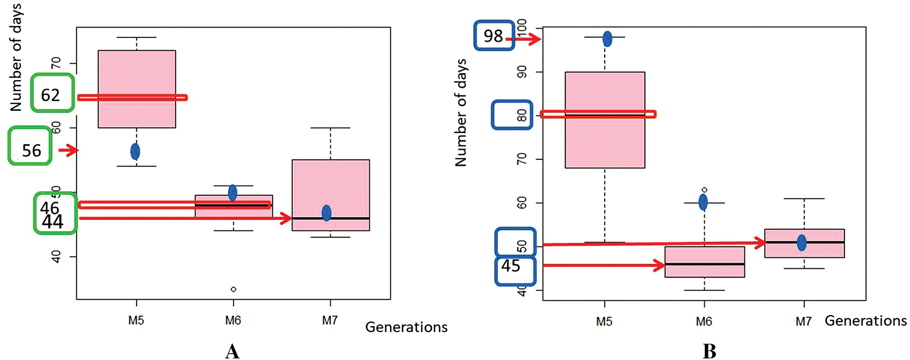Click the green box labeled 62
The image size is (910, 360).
[x=52, y=93]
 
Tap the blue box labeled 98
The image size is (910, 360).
[x=494, y=35]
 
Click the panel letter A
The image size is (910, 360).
[x=232, y=351]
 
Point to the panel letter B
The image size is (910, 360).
[x=709, y=351]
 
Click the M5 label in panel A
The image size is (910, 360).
[x=136, y=320]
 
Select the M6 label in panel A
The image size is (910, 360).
[x=233, y=320]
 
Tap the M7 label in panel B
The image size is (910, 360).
[x=803, y=321]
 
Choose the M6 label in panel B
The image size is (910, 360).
[x=704, y=321]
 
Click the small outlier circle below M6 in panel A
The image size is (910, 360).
[x=233, y=289]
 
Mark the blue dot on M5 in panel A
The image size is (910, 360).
[x=135, y=152]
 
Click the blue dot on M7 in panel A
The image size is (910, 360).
[x=326, y=213]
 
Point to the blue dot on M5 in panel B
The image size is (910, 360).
[x=607, y=39]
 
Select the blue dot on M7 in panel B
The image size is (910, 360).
[x=802, y=242]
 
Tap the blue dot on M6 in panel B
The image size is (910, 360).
[x=703, y=202]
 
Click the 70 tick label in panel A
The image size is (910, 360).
[x=56, y=63]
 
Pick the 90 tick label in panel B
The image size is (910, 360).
[x=521, y=72]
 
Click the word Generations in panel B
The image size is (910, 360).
[x=866, y=321]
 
